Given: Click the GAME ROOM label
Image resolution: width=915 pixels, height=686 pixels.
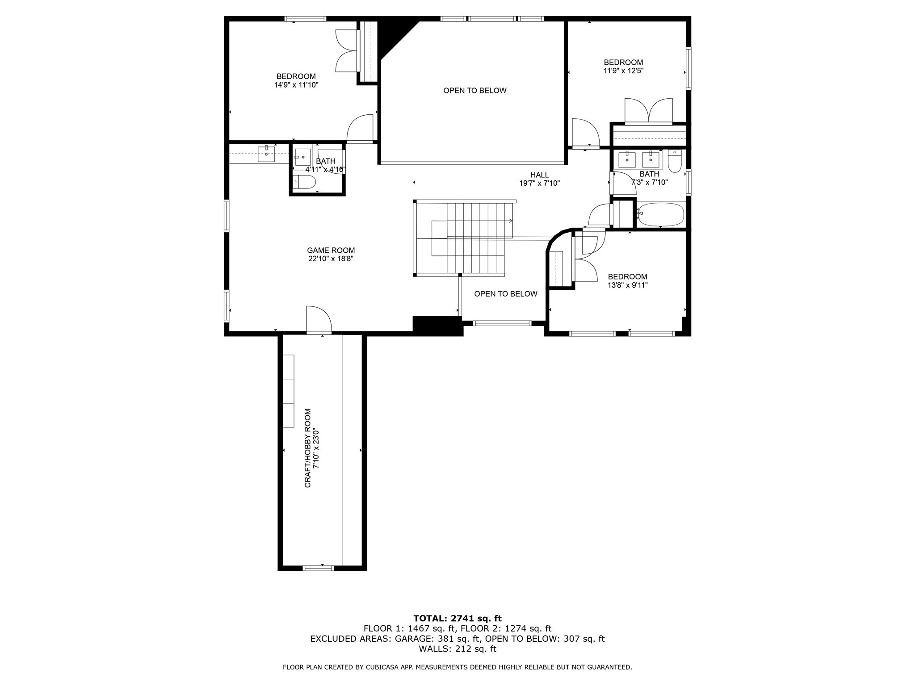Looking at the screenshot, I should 331,251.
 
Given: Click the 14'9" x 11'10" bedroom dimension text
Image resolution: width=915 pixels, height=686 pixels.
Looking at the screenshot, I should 296,85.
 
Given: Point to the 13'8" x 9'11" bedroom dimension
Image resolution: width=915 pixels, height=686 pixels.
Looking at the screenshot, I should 627,285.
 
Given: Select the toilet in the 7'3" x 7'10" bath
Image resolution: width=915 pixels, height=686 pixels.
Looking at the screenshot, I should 674,162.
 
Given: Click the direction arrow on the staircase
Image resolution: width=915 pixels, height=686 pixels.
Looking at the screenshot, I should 510,221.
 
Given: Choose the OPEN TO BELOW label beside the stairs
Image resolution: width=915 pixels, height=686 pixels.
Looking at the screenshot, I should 505,294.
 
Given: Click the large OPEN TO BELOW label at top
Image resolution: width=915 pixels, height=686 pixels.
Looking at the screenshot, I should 474,91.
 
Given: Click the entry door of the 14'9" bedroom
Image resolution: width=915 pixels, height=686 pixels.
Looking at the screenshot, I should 360,128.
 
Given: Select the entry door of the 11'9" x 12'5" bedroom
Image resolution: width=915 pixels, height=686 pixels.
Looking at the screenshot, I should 584,133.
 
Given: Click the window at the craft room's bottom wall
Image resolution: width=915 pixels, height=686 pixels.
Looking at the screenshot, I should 318,568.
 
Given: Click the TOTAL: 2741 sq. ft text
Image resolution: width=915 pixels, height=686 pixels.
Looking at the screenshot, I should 457,618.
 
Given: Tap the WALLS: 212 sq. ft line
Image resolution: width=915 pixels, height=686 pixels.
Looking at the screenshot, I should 457,649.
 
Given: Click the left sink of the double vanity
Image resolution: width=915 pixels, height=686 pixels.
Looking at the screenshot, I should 627,158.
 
